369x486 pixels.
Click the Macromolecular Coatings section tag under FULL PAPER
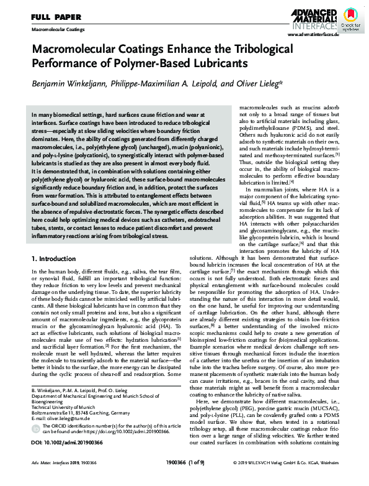[x=57, y=29]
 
